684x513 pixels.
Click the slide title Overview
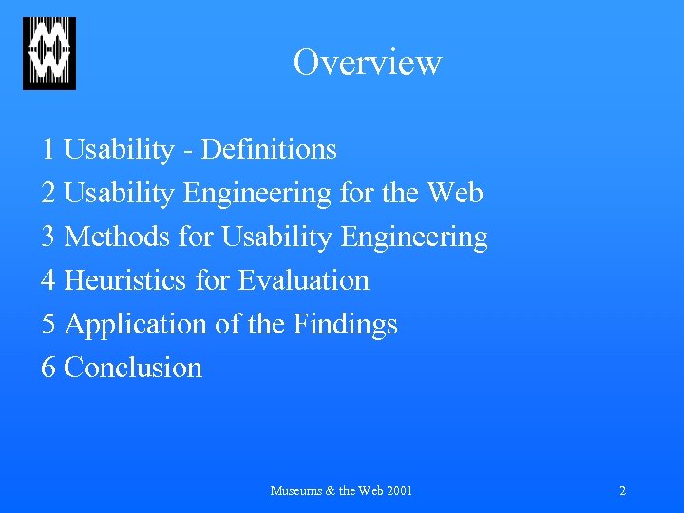pos(367,63)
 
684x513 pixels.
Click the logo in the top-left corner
pos(49,54)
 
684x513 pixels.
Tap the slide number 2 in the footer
pos(622,491)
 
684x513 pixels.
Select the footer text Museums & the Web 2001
pos(341,491)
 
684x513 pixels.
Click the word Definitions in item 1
pos(270,150)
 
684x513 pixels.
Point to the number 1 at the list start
pos(48,150)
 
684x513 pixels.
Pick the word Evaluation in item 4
pos(303,280)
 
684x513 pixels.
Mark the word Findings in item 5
pos(345,325)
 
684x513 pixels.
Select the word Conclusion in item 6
pos(133,368)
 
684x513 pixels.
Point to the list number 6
pos(48,368)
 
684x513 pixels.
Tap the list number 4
pos(48,280)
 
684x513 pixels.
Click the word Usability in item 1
pos(119,150)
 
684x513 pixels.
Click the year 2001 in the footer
pos(399,491)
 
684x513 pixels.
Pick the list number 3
pos(48,237)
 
